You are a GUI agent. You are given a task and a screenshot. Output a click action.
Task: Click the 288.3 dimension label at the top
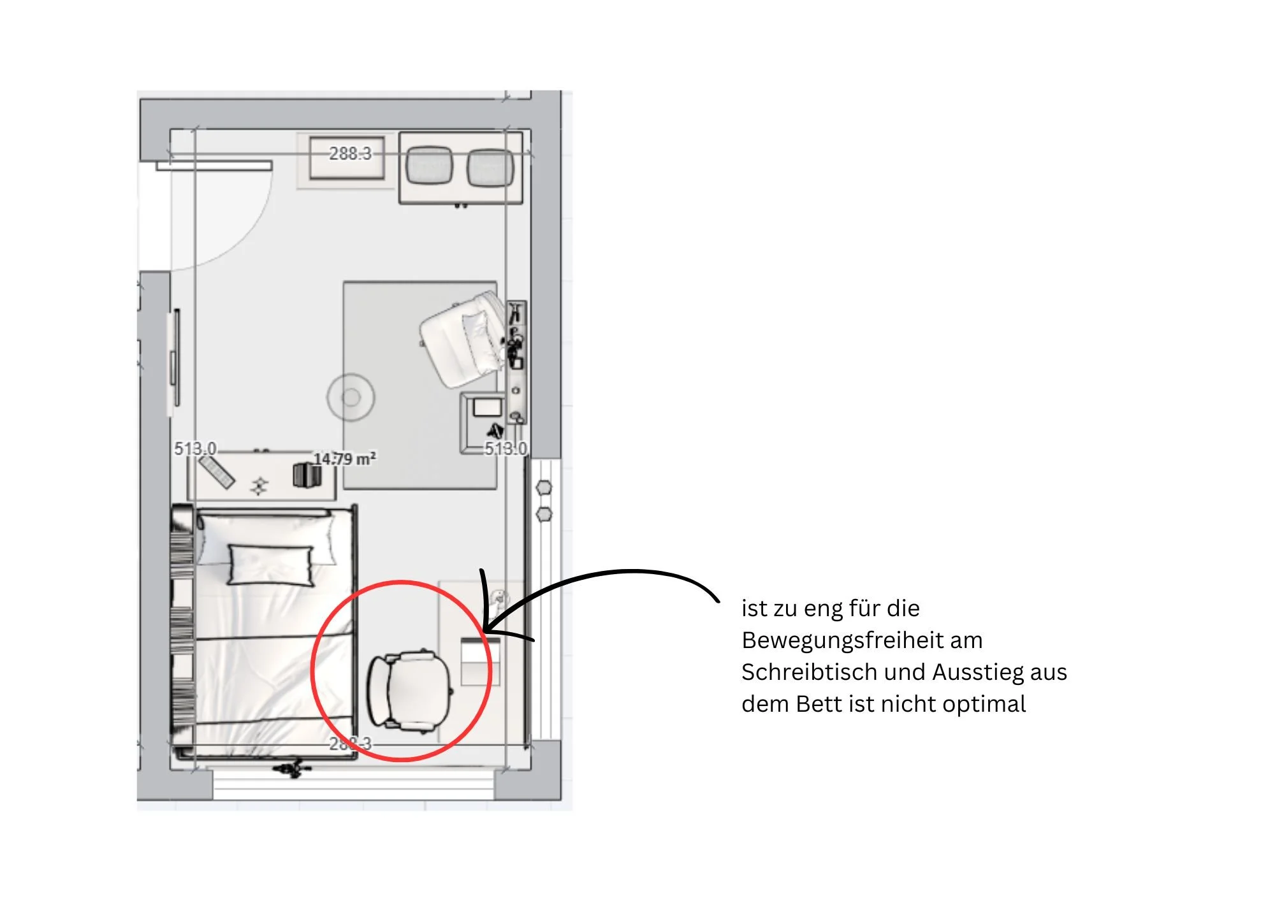[350, 154]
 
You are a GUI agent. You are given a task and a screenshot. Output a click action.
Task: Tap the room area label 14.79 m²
[345, 459]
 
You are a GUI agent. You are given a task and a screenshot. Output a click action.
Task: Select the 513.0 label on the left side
[196, 449]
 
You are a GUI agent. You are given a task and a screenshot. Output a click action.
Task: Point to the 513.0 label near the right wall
[506, 449]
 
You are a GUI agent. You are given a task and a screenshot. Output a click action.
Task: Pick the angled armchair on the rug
[460, 341]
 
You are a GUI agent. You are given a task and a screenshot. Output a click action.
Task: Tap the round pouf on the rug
[351, 398]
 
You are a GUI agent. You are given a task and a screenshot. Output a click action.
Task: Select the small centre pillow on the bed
[270, 565]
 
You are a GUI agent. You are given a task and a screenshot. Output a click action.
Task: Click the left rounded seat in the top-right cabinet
[429, 166]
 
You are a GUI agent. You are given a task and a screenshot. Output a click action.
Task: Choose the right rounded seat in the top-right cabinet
[490, 168]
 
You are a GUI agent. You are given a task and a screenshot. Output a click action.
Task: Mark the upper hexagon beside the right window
[544, 488]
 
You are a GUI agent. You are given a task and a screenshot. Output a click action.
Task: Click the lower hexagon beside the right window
[544, 514]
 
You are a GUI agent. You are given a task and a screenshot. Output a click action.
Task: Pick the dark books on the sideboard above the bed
[307, 475]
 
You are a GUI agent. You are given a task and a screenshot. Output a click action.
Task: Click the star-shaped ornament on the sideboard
[259, 486]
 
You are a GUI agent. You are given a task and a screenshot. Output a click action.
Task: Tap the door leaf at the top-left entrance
[214, 166]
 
